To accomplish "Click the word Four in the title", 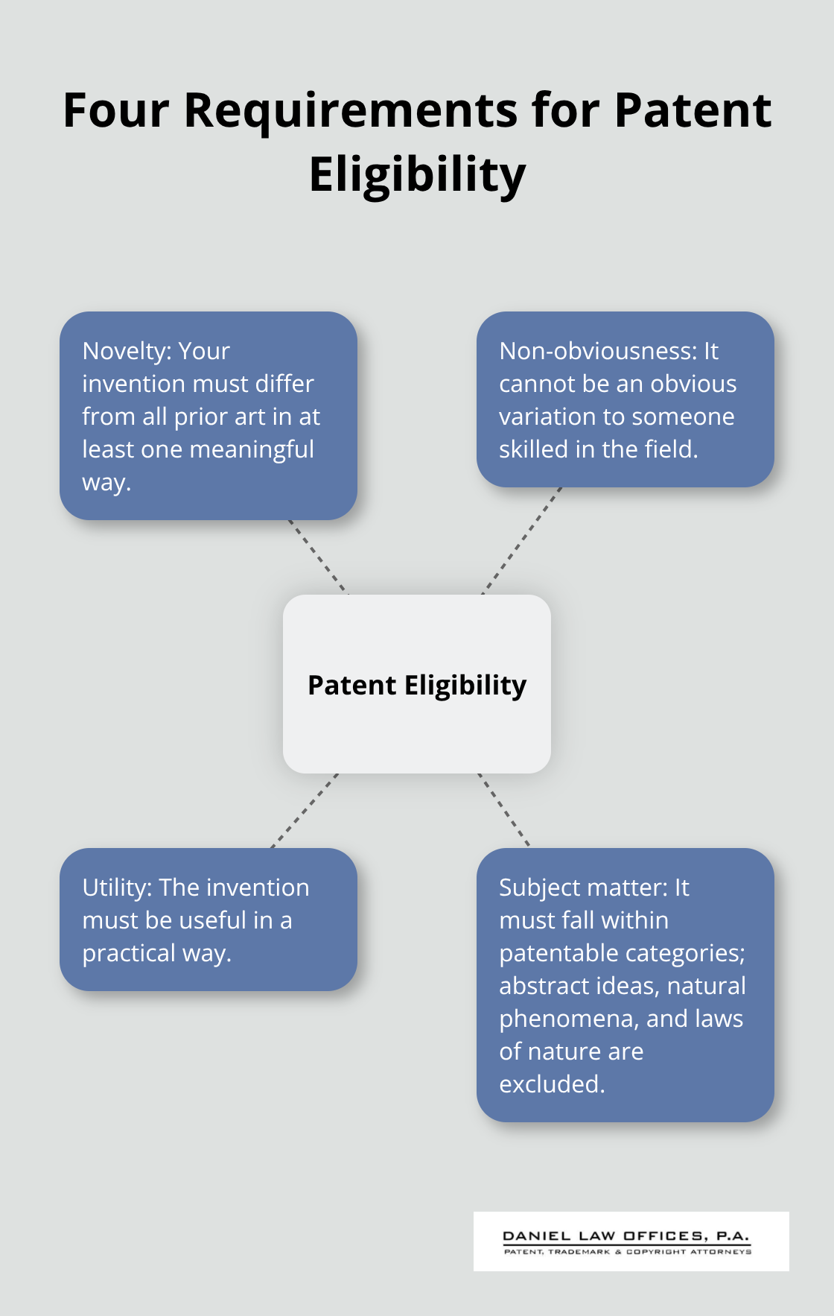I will coord(115,111).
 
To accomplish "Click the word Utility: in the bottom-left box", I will coord(117,888).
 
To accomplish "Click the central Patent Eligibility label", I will coord(417,685).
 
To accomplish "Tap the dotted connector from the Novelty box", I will coord(318,557).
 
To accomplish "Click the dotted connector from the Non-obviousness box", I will coord(522,540).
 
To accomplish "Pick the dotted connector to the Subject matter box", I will coord(504,810).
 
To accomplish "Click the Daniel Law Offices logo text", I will coord(625,1236).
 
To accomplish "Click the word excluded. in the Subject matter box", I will coord(552,1084).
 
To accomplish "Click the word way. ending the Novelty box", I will coord(106,482).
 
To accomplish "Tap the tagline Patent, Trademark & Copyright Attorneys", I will coord(627,1252).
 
